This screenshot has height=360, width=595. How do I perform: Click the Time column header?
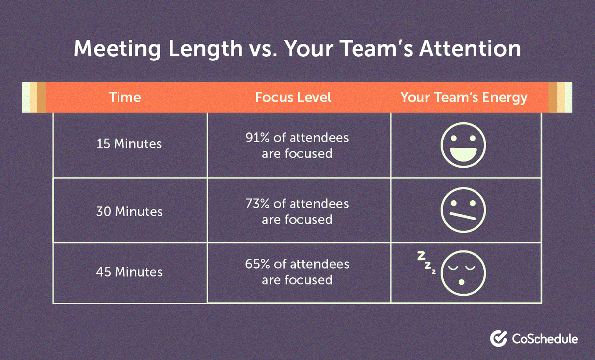(125, 97)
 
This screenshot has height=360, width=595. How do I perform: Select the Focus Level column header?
(293, 97)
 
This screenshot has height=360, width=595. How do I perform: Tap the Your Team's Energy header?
(464, 97)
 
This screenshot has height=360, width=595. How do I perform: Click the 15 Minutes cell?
(129, 144)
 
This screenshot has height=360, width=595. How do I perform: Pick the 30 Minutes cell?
(129, 212)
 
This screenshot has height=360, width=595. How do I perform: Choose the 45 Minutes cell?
(129, 272)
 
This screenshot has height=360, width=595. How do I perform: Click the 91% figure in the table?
(256, 138)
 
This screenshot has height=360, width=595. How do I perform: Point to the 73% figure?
(256, 204)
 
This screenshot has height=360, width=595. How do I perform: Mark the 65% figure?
(256, 264)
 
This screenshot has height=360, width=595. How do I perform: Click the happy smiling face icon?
(464, 144)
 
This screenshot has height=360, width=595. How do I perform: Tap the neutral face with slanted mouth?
(464, 211)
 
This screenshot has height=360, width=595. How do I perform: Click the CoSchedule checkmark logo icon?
(498, 338)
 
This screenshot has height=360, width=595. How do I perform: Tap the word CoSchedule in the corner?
(544, 339)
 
